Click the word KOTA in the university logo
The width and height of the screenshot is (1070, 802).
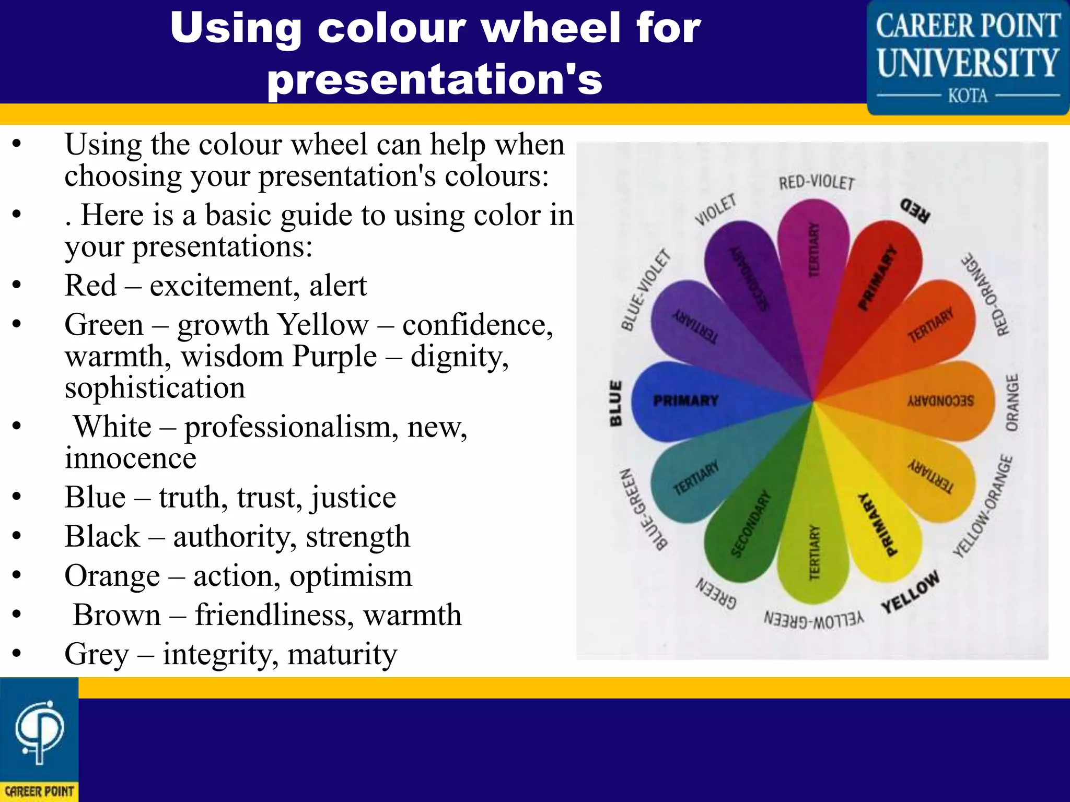tap(968, 96)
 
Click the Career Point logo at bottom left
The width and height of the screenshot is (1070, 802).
tap(39, 739)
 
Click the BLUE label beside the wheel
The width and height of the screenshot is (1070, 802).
tap(617, 403)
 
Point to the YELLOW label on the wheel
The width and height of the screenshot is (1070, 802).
tap(911, 592)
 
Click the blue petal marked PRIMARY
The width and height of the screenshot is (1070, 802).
tap(679, 400)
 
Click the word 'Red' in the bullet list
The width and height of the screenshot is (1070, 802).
tap(90, 286)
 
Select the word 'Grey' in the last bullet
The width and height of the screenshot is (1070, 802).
tap(97, 654)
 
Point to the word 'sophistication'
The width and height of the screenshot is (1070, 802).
tap(155, 387)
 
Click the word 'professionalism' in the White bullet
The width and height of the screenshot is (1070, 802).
tap(287, 427)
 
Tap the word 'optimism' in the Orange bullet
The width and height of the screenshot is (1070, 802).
tap(351, 576)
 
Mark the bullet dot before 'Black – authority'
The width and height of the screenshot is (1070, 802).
tap(17, 536)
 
